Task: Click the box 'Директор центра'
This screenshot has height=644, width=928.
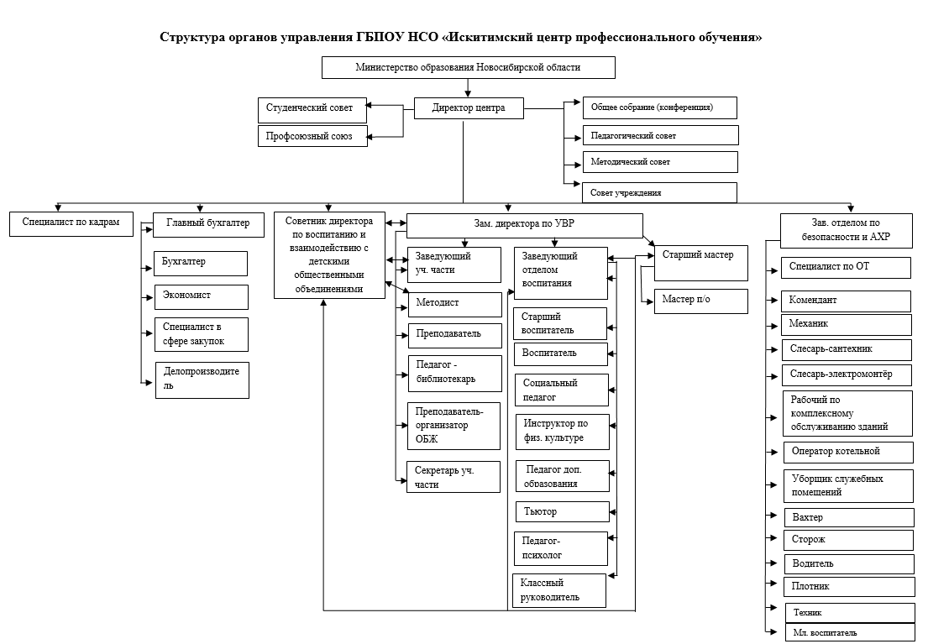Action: point(469,108)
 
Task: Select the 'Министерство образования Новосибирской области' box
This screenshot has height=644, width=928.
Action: point(468,67)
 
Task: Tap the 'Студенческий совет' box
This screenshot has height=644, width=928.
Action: point(312,110)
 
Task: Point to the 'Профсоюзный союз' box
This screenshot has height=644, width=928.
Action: point(312,136)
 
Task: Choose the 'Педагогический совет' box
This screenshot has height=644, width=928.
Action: point(660,135)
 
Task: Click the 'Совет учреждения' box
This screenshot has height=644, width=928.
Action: point(660,192)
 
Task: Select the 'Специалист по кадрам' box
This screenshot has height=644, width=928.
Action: point(71,223)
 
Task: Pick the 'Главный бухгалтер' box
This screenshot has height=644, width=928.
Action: point(208,225)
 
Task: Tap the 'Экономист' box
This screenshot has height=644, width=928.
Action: point(202,297)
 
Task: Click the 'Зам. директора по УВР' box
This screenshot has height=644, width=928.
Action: point(524,226)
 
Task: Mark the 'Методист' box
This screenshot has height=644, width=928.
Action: point(454,304)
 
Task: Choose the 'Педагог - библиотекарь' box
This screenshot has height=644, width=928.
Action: point(454,374)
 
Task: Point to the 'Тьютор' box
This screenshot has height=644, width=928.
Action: point(562,512)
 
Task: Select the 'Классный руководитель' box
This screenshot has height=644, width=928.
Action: point(559,590)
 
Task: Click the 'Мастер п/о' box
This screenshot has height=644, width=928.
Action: point(700,301)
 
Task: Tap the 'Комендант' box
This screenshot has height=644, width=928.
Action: point(846,301)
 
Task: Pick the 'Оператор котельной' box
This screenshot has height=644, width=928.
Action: point(848,453)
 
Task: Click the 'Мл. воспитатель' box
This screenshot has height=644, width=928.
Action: point(851,632)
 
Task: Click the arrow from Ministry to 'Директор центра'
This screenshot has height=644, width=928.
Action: point(468,88)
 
